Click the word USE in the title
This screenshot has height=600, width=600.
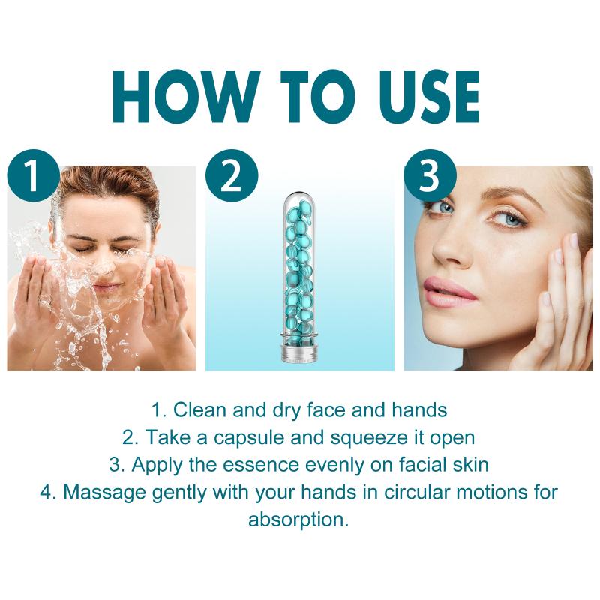coord(427,97)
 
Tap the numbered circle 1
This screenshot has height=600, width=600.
coord(33,175)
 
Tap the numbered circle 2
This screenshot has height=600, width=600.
coord(232,175)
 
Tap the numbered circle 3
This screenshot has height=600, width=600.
coord(430,175)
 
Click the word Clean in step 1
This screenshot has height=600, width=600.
coord(199,409)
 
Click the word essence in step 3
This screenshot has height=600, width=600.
coord(260,466)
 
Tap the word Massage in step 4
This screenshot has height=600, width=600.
coord(104,493)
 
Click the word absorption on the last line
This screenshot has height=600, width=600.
coord(298,520)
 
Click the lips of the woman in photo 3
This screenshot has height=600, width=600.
coord(449,292)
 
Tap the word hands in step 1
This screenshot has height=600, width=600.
coord(419,409)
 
